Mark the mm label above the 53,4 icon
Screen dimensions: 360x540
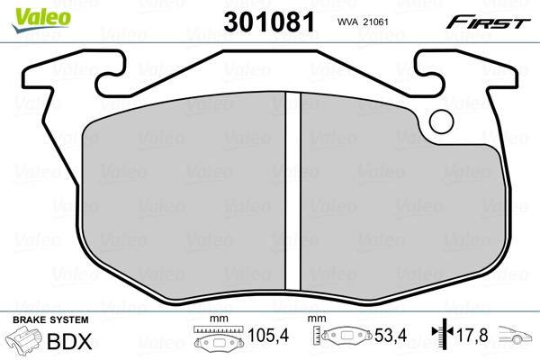[x=316, y=320]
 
